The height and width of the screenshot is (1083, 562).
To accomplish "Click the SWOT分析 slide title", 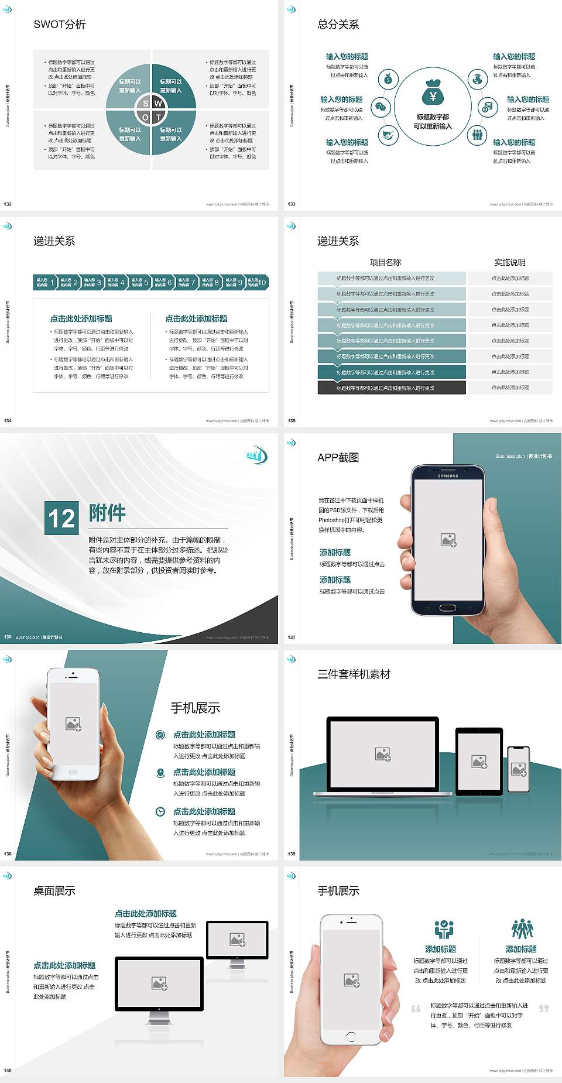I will (60, 25).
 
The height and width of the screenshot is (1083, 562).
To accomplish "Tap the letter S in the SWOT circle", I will (145, 104).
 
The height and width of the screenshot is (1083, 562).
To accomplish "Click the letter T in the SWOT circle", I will (159, 118).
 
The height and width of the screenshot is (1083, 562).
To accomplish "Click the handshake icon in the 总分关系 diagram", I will (388, 136).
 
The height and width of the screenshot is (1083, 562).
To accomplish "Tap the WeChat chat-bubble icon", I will (381, 107).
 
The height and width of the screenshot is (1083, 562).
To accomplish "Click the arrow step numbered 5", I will (139, 282).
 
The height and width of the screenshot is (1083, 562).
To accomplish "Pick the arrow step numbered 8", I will (210, 282).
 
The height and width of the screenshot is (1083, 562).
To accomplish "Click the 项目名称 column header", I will (385, 262).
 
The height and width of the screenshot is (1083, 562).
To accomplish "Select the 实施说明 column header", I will (510, 262).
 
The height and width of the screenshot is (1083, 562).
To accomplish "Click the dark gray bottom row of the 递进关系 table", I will (392, 388).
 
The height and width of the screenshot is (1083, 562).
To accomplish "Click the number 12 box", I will (61, 518).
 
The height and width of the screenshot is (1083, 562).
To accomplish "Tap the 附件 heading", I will (107, 513).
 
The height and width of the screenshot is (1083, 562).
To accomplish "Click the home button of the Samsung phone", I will (448, 608).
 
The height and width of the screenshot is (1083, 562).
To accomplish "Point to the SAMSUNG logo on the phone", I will (448, 476).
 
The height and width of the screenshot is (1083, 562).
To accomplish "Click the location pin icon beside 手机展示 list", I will (160, 773).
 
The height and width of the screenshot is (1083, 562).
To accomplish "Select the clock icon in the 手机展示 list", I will (160, 811).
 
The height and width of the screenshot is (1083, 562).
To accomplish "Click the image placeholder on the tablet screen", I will (479, 762).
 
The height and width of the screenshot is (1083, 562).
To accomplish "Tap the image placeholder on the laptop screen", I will (383, 754).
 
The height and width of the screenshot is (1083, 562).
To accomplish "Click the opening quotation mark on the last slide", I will (416, 1009).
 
